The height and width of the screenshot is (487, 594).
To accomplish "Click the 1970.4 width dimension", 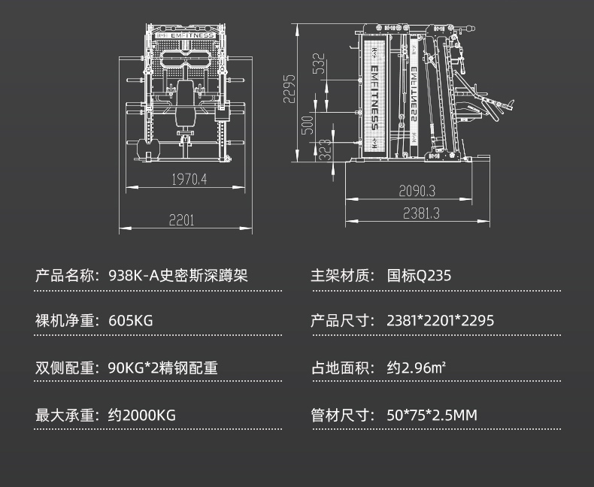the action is coord(188,179).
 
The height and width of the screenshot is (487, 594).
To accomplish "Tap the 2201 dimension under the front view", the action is coord(181,220).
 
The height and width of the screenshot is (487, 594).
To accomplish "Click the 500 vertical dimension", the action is coord(307,125).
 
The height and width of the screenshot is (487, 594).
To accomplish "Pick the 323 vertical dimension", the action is coord(324,148).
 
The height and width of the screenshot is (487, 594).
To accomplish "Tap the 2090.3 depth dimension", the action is coord(417,192).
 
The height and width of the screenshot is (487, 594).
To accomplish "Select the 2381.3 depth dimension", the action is coord(420,213).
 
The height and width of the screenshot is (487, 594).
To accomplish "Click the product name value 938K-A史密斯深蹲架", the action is coord(177,275).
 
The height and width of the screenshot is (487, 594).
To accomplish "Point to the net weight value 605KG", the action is coord(130,321).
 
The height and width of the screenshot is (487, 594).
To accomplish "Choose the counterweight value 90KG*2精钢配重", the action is coord(162,368).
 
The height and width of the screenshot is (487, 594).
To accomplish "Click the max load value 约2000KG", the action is coord(141,415).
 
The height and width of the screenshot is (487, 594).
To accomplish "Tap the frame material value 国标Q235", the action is coord(419,275).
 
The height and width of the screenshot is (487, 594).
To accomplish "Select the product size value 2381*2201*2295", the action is coord(440,321).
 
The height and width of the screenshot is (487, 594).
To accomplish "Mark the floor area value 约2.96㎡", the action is coord(417,368).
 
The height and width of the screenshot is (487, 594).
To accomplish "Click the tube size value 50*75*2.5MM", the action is coord(432,415).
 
